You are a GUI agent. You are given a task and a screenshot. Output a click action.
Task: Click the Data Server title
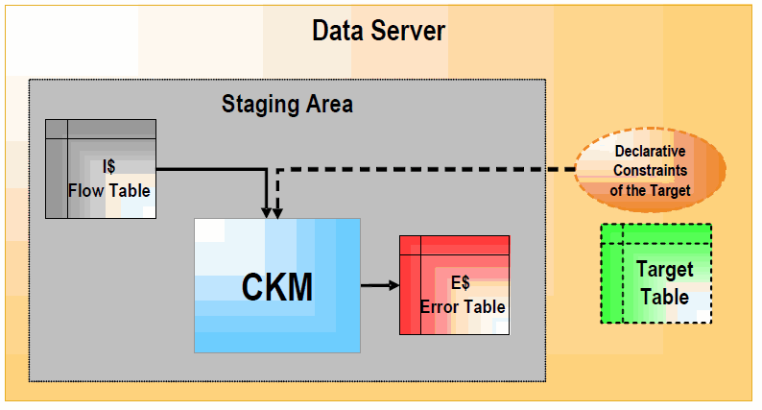(x=379, y=31)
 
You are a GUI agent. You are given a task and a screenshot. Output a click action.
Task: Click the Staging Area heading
(x=287, y=104)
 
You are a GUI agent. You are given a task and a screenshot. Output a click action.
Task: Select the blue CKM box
(x=277, y=285)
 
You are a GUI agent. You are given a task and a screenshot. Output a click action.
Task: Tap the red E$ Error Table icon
(x=454, y=284)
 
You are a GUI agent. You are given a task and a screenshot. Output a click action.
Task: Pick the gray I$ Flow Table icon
(x=100, y=169)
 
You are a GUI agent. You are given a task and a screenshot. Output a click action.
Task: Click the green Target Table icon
(x=656, y=274)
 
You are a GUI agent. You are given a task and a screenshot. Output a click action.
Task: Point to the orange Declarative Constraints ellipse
(x=651, y=170)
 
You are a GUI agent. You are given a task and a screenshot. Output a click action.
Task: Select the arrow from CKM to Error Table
(x=379, y=284)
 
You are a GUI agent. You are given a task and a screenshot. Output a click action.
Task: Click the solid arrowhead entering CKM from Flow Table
(x=265, y=210)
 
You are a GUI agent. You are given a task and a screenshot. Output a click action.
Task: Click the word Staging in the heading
(x=256, y=104)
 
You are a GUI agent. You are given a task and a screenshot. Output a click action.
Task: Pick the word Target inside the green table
(x=662, y=272)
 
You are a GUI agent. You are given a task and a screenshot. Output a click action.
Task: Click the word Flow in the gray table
(x=86, y=190)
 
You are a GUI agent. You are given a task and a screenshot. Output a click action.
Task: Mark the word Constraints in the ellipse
(x=650, y=171)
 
